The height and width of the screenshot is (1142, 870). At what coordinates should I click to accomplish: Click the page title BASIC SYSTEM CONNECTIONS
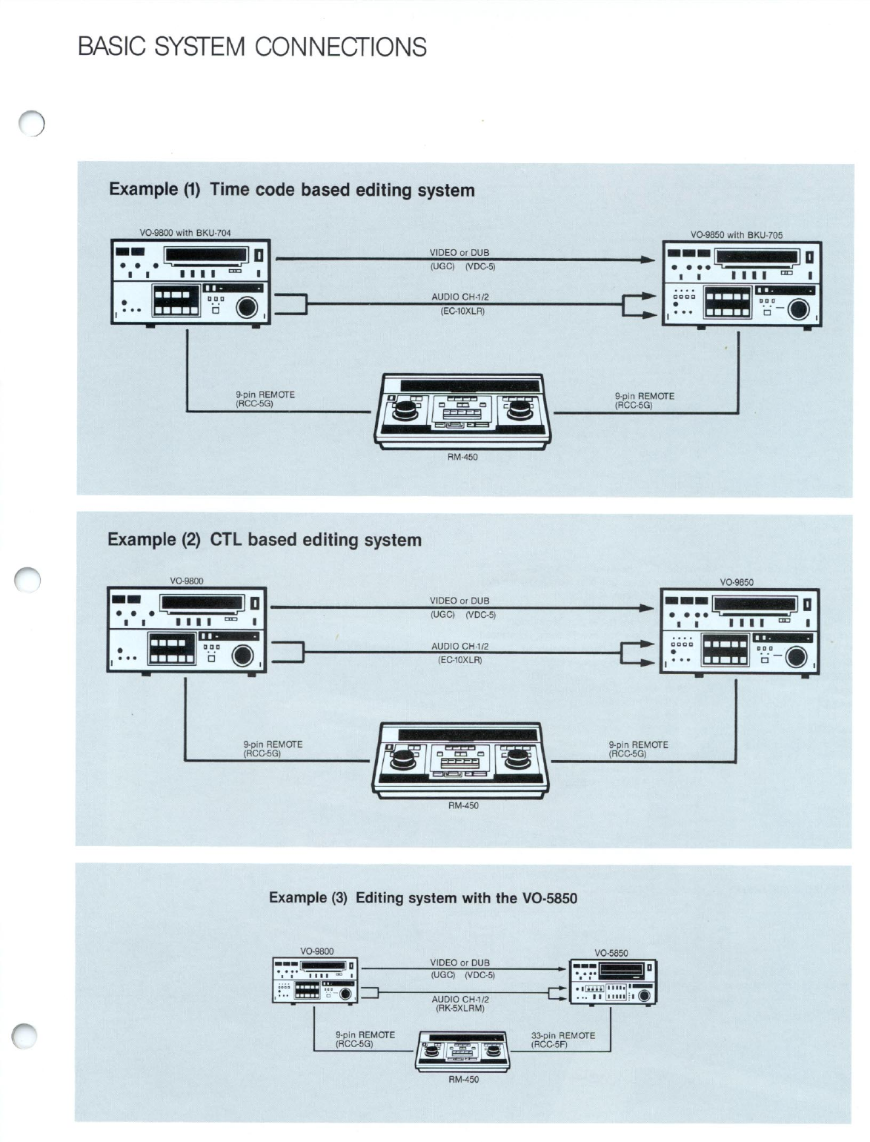coord(252,47)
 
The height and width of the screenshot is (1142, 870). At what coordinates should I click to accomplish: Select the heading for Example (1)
coord(291,190)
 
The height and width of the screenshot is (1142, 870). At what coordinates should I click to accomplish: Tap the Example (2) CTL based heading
coord(265,539)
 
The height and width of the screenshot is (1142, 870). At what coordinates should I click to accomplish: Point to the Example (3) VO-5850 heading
coord(422,898)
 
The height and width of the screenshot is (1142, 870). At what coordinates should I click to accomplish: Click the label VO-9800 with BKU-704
coord(185,233)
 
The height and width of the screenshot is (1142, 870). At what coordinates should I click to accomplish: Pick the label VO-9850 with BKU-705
coord(736,235)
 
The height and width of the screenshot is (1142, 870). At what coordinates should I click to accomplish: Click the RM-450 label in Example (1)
coord(462,458)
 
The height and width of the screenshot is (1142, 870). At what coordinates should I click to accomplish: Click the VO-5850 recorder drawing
coord(612,982)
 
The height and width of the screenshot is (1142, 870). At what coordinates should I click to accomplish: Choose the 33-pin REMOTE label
coord(563,1035)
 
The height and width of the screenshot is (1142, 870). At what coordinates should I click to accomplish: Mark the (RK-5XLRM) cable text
coord(459,1009)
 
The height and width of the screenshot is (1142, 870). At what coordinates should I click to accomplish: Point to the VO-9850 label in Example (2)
coord(737,582)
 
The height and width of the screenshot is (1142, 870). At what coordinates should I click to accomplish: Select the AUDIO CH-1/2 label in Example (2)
coord(459,647)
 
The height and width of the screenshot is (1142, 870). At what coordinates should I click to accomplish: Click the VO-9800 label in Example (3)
coord(316,951)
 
